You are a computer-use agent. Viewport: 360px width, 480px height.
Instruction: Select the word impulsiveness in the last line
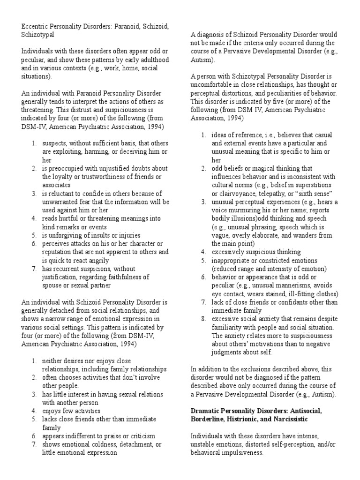[239, 453]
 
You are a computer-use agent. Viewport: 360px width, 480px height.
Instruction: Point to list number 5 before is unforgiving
[35, 235]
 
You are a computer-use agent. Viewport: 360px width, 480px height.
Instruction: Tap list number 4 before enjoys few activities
[35, 411]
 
